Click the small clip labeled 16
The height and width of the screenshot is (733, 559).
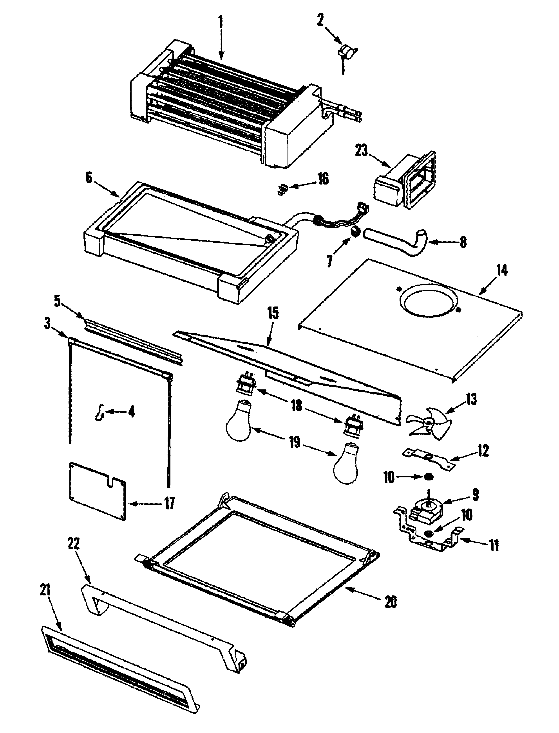pyautogui.click(x=282, y=190)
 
